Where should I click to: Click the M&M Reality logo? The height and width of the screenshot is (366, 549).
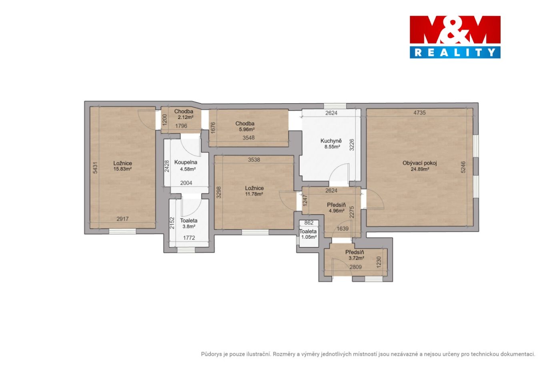[455, 37]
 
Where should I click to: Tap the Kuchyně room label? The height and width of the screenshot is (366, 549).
[331, 141]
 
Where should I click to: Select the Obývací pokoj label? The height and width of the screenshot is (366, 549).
[420, 163]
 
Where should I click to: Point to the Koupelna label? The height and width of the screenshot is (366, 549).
[186, 163]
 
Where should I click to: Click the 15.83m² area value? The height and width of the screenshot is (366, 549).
[122, 169]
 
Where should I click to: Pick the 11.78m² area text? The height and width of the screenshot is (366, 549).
[254, 194]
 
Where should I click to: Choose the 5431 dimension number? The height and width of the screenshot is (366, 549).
[95, 168]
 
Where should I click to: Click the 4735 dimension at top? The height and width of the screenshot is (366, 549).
[419, 113]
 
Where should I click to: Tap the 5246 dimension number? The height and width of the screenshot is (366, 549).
[463, 167]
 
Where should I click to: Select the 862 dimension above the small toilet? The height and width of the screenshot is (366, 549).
[309, 223]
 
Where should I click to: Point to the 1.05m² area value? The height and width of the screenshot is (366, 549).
[309, 237]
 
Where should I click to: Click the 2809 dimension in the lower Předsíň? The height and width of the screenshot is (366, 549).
[355, 267]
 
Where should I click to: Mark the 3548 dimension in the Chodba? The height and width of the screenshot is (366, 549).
[248, 138]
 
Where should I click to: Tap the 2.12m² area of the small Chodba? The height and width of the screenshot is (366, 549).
[186, 117]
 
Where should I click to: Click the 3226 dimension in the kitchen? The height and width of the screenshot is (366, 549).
[352, 145]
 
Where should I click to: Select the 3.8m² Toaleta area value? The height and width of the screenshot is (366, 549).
[189, 226]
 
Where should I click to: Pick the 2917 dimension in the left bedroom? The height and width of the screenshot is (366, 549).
[122, 219]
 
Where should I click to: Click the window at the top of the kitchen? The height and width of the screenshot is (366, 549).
[335, 106]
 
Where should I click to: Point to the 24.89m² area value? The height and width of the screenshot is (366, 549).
[420, 169]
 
